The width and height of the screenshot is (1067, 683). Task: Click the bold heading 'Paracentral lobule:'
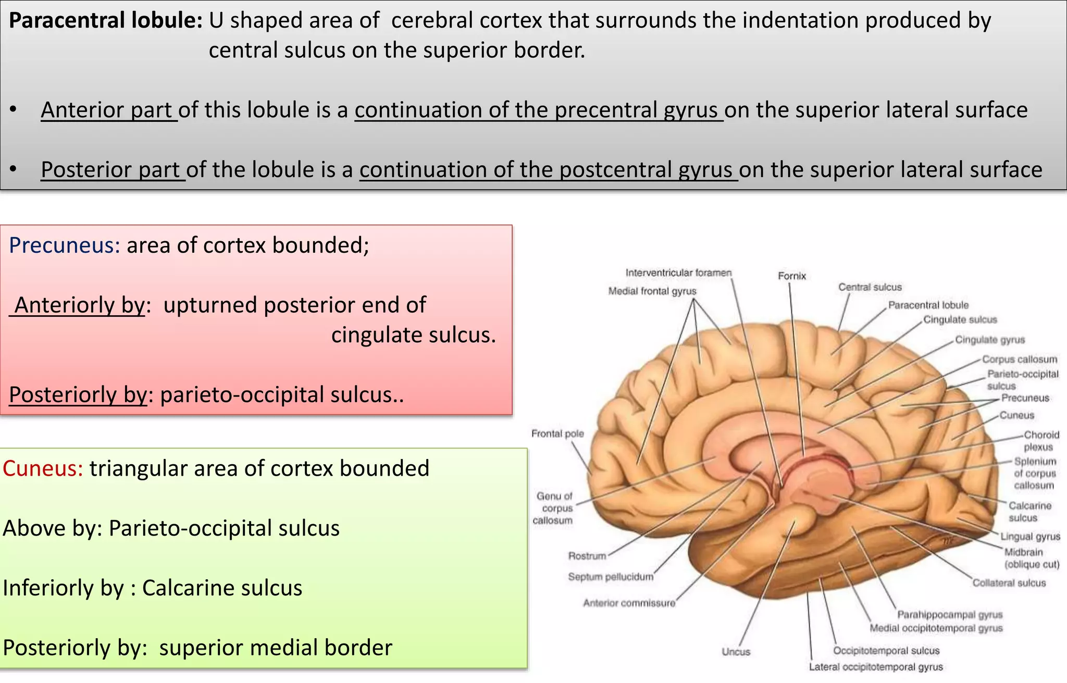(106, 21)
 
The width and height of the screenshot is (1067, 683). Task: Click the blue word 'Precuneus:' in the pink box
(65, 245)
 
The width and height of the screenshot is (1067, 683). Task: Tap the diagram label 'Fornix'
(791, 276)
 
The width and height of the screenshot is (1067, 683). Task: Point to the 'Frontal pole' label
(557, 433)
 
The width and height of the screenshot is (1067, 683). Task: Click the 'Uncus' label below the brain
(736, 652)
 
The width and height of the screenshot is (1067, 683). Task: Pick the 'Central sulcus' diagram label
(870, 287)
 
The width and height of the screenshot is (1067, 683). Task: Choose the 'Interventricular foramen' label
(678, 273)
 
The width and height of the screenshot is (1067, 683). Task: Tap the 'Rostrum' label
(587, 556)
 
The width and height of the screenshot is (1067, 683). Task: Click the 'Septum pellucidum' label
(611, 577)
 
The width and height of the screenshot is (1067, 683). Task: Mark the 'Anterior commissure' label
(629, 603)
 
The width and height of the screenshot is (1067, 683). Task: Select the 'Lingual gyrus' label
(1030, 537)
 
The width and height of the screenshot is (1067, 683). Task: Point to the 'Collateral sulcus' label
(1009, 583)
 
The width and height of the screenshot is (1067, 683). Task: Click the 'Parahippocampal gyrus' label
(950, 615)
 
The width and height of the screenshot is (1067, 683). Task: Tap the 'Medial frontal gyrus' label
(652, 291)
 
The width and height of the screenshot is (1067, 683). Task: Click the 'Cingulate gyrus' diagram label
(990, 340)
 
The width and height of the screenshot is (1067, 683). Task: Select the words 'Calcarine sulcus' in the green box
(222, 588)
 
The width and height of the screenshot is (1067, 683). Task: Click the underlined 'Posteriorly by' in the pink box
(78, 395)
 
